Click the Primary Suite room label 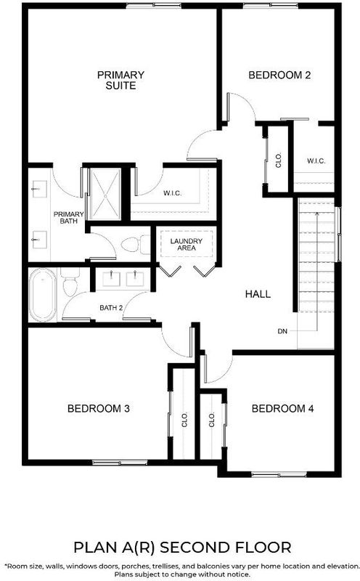pyautogui.click(x=120, y=80)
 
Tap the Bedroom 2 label pyautogui.click(x=279, y=76)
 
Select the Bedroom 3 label pyautogui.click(x=99, y=409)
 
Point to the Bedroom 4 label pyautogui.click(x=282, y=409)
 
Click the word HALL pyautogui.click(x=258, y=294)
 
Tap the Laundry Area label pyautogui.click(x=187, y=244)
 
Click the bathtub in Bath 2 pyautogui.click(x=43, y=295)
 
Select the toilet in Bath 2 pyautogui.click(x=70, y=283)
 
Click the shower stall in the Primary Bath pyautogui.click(x=106, y=194)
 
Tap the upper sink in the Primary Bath pyautogui.click(x=39, y=189)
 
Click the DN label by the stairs pyautogui.click(x=282, y=331)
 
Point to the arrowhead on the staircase pyautogui.click(x=316, y=213)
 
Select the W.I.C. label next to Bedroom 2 pyautogui.click(x=316, y=161)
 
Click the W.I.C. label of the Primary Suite pyautogui.click(x=172, y=193)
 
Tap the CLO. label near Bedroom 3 pyautogui.click(x=185, y=420)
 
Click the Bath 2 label pyautogui.click(x=111, y=308)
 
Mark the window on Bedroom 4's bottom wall pyautogui.click(x=279, y=474)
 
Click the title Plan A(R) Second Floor pyautogui.click(x=182, y=548)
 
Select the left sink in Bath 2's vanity pyautogui.click(x=112, y=278)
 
